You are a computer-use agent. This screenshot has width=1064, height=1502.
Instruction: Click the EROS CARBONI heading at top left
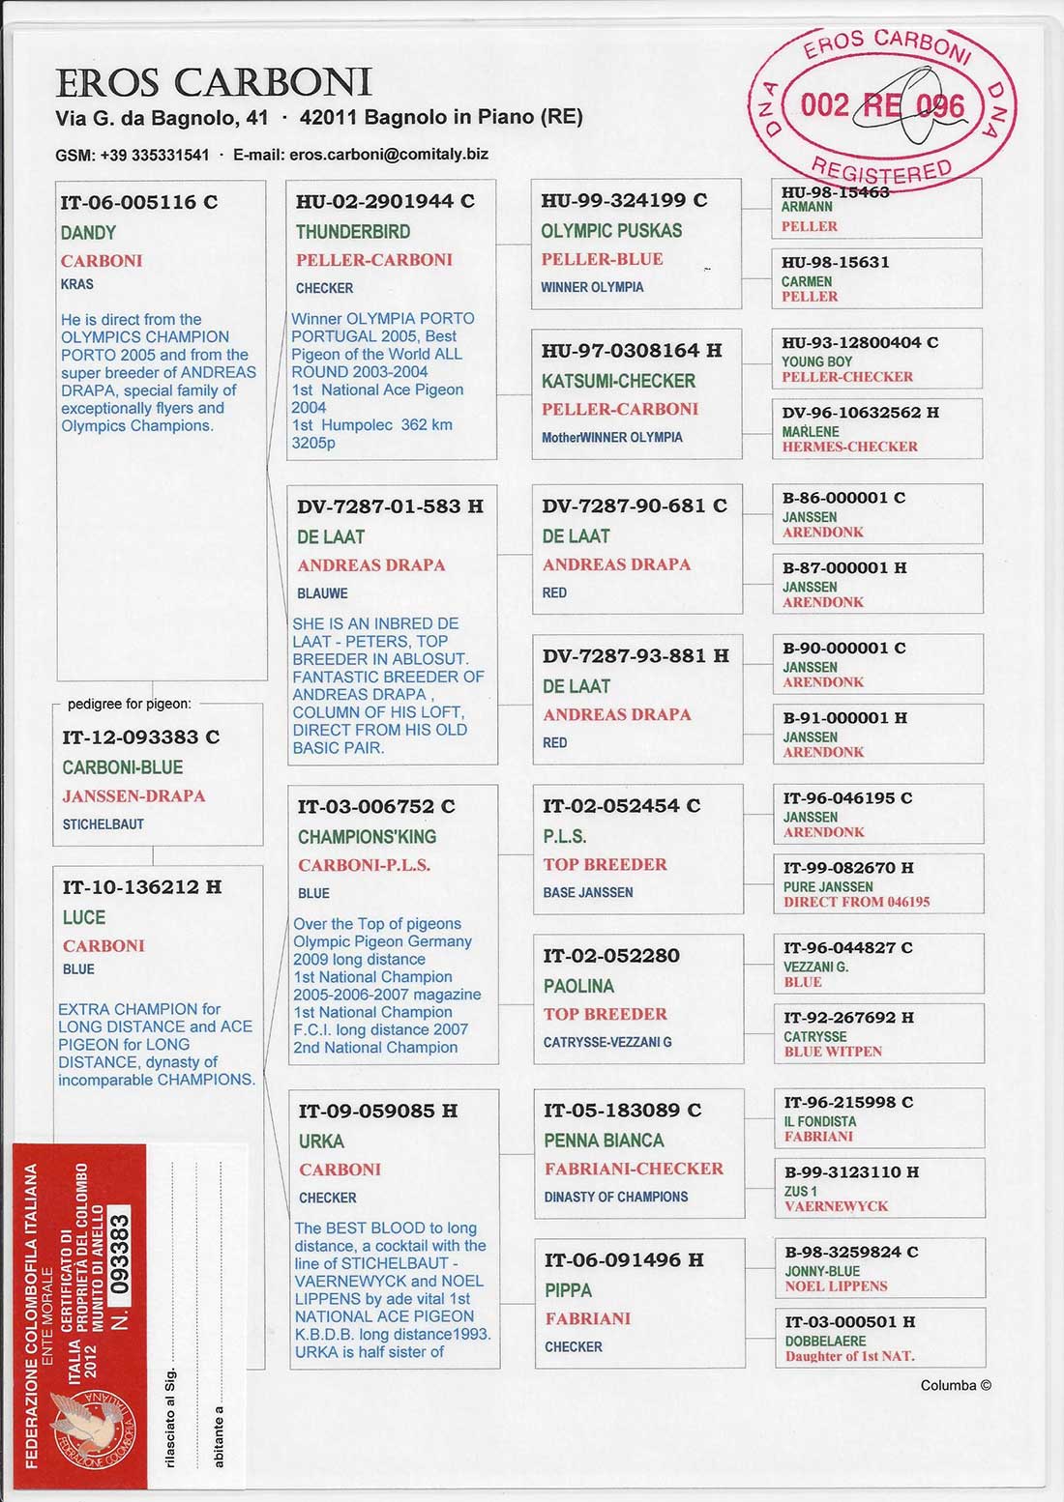point(214,83)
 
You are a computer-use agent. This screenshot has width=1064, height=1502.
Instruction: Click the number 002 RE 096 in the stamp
point(882,104)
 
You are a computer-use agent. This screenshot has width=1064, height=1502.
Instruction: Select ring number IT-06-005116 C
point(138,202)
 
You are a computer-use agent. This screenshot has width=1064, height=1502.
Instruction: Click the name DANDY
point(88,233)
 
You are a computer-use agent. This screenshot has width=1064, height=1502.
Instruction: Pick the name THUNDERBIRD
point(353,232)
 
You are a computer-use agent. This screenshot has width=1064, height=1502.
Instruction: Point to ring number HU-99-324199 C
point(624,201)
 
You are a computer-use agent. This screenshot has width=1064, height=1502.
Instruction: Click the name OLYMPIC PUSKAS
point(611,231)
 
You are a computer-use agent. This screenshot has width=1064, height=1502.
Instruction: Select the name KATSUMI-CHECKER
point(618,381)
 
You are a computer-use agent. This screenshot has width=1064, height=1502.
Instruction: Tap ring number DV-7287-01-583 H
point(390,506)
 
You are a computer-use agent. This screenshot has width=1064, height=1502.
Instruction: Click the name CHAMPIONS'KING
point(367,837)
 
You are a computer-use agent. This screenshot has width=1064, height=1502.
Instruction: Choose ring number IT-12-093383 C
point(140,737)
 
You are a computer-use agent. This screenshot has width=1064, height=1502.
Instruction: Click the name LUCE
point(84,917)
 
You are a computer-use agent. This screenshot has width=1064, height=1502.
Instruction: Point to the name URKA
point(321,1141)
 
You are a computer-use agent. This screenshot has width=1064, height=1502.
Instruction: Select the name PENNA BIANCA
point(604,1141)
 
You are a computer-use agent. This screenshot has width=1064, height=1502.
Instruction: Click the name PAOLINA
point(578,986)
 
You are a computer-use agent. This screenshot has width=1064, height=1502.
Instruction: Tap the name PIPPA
point(568,1290)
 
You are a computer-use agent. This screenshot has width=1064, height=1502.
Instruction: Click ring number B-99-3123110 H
point(851,1172)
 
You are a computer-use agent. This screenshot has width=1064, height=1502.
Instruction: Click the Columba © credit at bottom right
point(955,1385)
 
